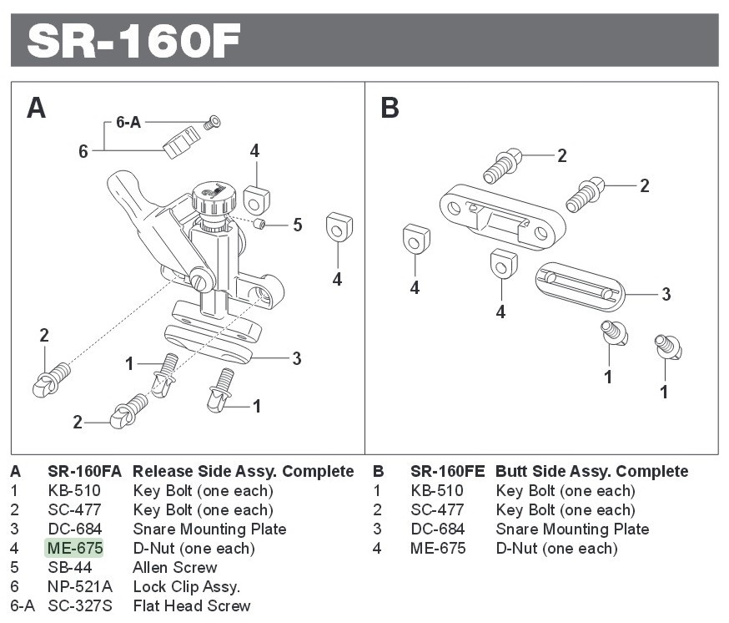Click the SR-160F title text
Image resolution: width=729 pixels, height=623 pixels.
(x=134, y=40)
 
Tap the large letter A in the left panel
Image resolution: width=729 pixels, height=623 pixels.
(x=36, y=108)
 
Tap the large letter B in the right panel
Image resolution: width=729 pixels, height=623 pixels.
(x=390, y=108)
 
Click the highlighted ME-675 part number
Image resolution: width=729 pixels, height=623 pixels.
(x=75, y=549)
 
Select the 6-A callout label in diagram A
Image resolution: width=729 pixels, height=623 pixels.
(x=128, y=122)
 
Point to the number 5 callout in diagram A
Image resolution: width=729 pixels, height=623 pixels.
(x=297, y=225)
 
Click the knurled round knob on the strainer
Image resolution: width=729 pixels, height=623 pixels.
(x=209, y=199)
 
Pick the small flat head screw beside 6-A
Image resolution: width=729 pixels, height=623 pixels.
(x=212, y=123)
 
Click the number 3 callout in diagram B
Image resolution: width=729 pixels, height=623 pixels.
(x=666, y=294)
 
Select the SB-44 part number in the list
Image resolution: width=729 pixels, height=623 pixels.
(x=70, y=568)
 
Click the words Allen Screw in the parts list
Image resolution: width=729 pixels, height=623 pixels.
(x=175, y=568)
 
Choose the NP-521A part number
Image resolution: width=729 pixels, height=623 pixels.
(x=80, y=587)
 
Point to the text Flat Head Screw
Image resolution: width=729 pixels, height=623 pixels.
(x=192, y=606)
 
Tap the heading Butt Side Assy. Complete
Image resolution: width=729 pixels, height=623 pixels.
(x=591, y=472)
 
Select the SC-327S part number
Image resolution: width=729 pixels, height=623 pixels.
(x=79, y=606)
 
